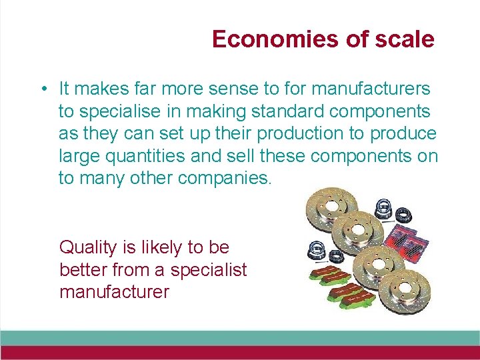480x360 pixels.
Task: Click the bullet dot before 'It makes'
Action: tap(42, 89)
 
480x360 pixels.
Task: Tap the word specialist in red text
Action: tap(208, 270)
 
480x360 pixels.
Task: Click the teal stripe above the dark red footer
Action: tap(240, 338)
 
